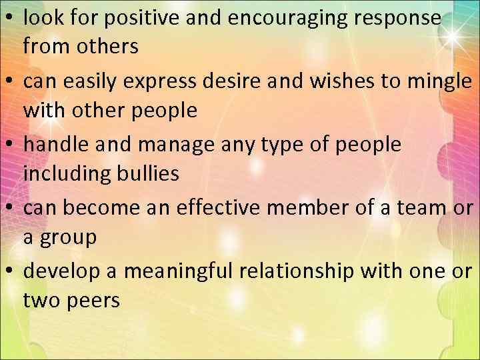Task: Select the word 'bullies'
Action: pyautogui.click(x=145, y=175)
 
